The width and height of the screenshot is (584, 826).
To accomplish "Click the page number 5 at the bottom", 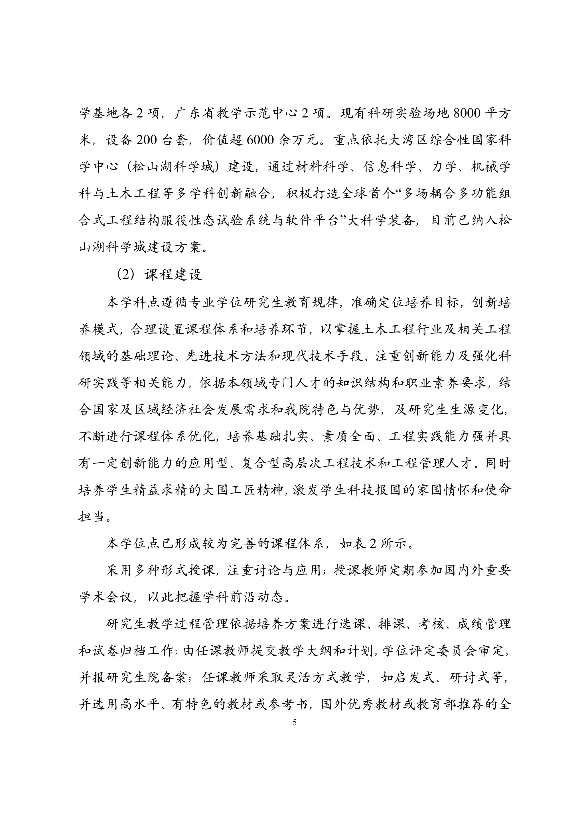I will tap(295, 723).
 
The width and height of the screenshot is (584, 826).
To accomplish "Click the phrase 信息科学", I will tap(390, 167).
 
